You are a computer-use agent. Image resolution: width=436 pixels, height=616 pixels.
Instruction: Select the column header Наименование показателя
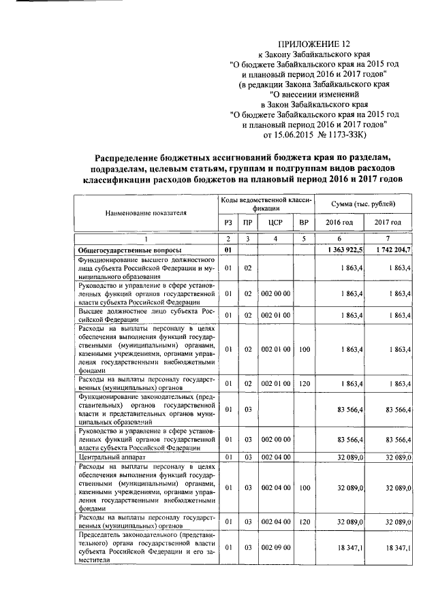[145, 212]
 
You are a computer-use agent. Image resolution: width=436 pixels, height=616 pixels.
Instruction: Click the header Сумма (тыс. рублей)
[362, 204]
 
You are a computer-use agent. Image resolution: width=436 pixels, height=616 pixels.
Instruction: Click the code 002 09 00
[275, 547]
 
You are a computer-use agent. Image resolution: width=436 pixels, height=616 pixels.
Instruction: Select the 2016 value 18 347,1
[350, 547]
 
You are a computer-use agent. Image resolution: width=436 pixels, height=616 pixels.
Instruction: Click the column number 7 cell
[387, 240]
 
